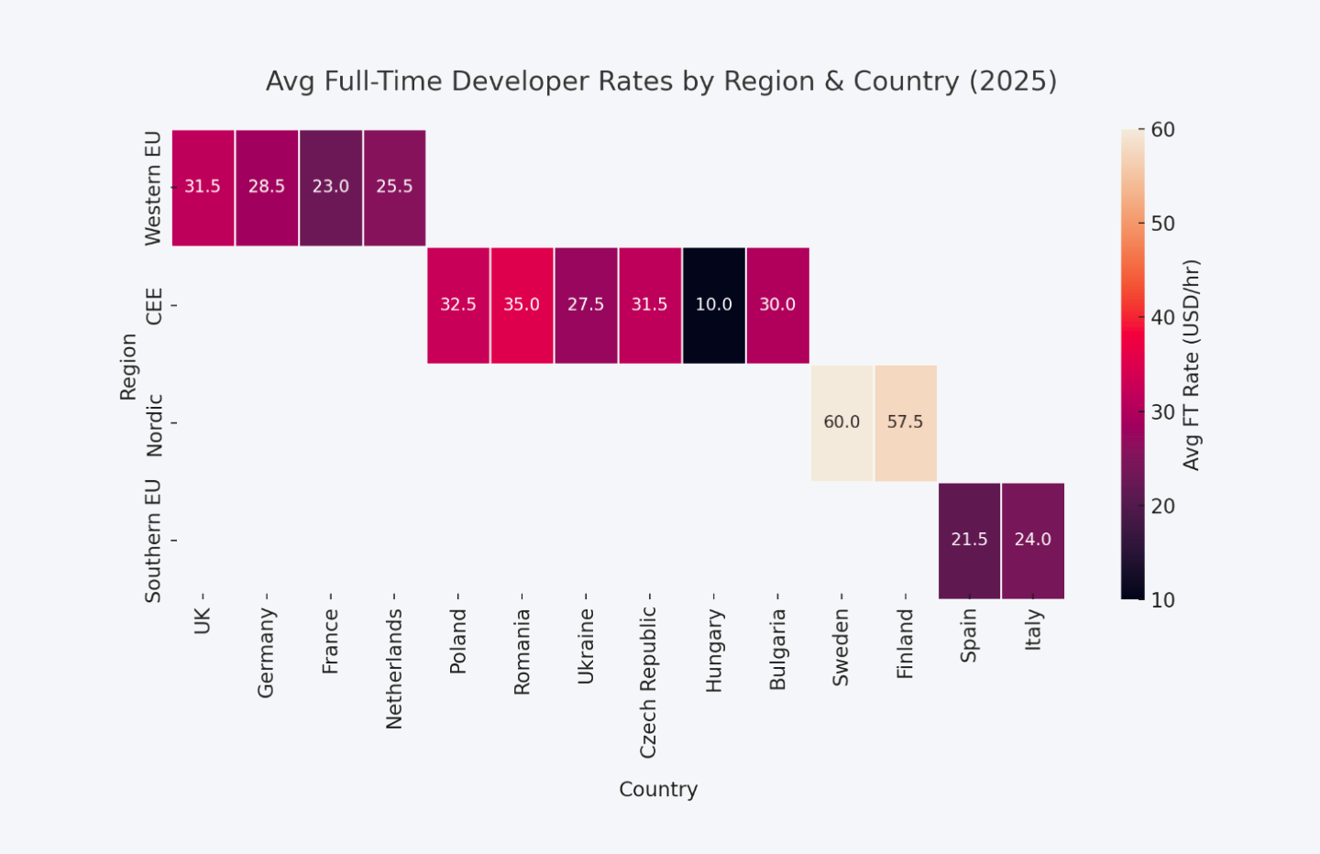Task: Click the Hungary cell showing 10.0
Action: (x=713, y=305)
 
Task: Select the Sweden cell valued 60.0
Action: (x=841, y=422)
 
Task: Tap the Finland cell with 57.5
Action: (x=905, y=422)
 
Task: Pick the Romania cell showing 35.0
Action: (x=522, y=305)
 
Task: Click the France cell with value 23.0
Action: (x=330, y=187)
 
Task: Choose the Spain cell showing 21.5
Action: (x=969, y=540)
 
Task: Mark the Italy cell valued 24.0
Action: (x=1032, y=540)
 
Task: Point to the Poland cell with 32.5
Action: (x=457, y=305)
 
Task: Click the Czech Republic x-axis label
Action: (x=648, y=683)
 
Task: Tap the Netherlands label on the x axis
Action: (x=394, y=669)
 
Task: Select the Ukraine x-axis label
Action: (x=586, y=647)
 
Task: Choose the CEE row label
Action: (x=154, y=306)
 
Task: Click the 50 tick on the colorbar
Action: (x=1162, y=224)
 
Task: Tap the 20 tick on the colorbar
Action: (x=1162, y=506)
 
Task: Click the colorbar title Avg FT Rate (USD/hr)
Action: (x=1191, y=365)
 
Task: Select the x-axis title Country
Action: (x=658, y=789)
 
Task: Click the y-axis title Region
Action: (x=128, y=367)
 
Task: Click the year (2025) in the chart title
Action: (x=1013, y=82)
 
